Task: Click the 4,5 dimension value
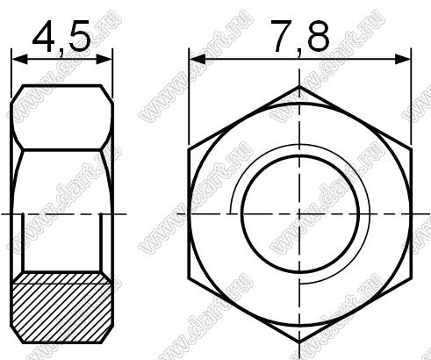pyautogui.click(x=61, y=38)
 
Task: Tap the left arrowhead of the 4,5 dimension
pyautogui.click(x=20, y=60)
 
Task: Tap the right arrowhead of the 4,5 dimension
pyautogui.click(x=104, y=60)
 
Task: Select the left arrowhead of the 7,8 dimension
pyautogui.click(x=198, y=60)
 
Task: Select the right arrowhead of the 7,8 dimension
pyautogui.click(x=402, y=60)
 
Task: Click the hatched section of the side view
pyautogui.click(x=61, y=307)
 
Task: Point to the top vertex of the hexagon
pyautogui.click(x=299, y=86)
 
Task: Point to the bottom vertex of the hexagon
pyautogui.click(x=299, y=342)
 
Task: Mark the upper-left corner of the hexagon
pyautogui.click(x=189, y=150)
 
